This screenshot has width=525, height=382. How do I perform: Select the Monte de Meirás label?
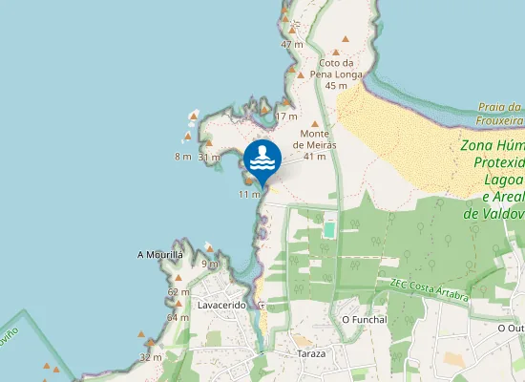point(315,138)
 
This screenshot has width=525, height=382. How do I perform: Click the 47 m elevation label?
point(292,44)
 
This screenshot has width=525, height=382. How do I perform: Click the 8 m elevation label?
point(182,157)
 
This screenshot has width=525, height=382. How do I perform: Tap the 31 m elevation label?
point(209,157)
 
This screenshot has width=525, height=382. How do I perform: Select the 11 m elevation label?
point(249,195)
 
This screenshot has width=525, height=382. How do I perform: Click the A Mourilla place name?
point(160,255)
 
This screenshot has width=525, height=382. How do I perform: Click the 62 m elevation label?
point(178,292)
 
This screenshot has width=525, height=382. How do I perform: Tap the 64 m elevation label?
point(178,317)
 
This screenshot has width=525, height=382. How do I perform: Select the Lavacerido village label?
point(221,305)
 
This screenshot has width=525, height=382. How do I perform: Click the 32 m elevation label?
point(150,357)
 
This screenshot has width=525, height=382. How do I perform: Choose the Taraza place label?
point(309,353)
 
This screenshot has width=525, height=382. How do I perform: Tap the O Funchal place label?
point(364,319)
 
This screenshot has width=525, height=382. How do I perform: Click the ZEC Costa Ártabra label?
point(430,289)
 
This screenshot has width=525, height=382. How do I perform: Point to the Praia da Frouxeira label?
point(501,114)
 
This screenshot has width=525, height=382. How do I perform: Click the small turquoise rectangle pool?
point(329,229)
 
